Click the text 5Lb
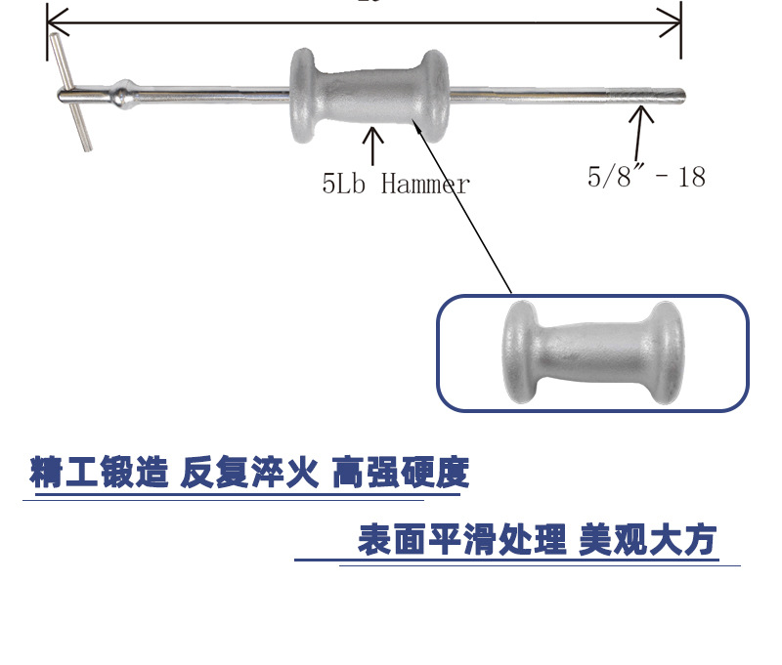click(343, 184)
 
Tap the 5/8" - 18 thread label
click(645, 176)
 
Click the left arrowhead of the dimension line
click(55, 20)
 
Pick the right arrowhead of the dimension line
click(673, 20)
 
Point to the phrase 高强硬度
click(400, 474)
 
